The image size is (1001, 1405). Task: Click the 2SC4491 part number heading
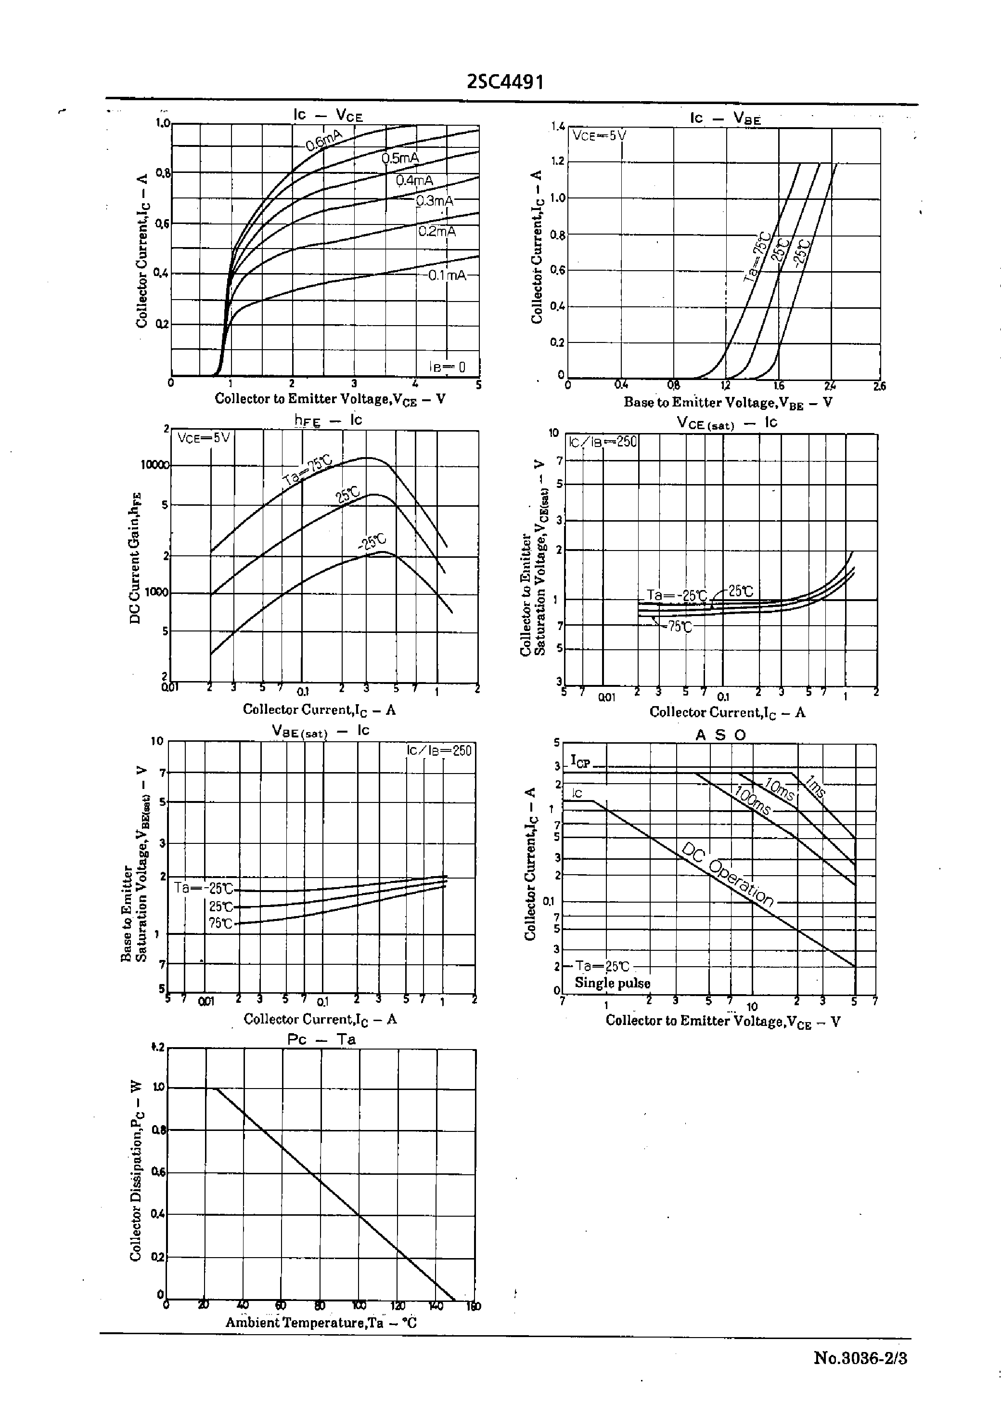(505, 82)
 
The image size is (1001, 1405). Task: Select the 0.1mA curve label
(448, 275)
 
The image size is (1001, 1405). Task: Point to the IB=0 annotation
(448, 367)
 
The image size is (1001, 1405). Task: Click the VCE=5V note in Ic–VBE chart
(599, 136)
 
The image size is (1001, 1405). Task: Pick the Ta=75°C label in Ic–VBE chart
(757, 257)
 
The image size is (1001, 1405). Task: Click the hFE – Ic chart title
(328, 420)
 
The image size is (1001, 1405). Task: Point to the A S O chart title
(720, 735)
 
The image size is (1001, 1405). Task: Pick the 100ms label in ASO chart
(752, 801)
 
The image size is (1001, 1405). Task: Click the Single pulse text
(612, 983)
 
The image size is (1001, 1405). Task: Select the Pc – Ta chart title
(321, 1039)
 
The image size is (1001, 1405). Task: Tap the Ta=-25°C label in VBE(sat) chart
(204, 888)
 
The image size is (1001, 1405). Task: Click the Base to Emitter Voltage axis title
(727, 403)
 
